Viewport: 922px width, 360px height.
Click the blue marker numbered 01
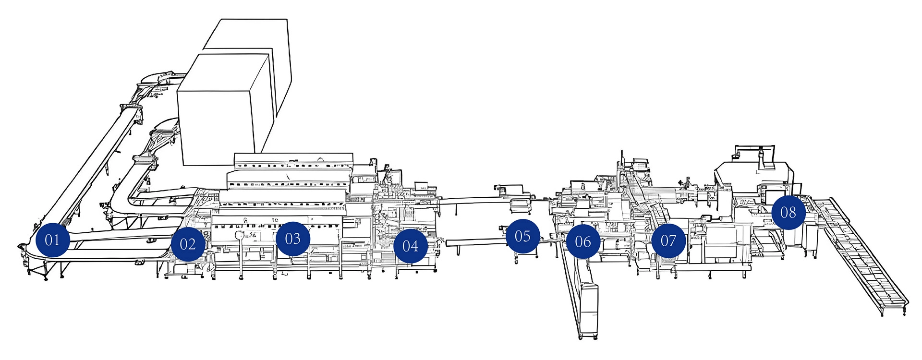pos(52,240)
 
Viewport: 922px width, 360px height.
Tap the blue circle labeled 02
pos(188,244)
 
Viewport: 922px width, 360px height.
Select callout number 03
pos(293,239)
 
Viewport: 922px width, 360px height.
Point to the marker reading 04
pos(411,246)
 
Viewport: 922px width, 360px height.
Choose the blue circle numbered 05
pos(522,236)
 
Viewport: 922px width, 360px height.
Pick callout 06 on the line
pos(583,241)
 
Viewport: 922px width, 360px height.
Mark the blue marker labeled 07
pos(668,240)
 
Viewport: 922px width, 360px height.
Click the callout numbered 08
pos(789,212)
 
